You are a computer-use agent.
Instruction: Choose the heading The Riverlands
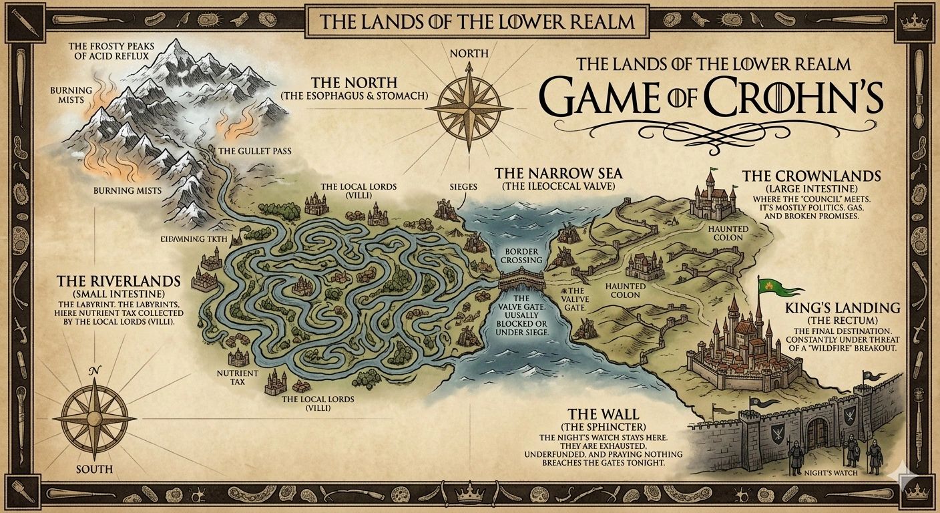click(x=119, y=281)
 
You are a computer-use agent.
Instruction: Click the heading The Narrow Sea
click(x=553, y=174)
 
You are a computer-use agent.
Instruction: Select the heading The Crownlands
click(x=811, y=176)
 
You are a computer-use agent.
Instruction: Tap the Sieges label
click(x=464, y=186)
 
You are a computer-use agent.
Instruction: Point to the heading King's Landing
click(x=843, y=308)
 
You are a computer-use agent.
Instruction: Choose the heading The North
click(x=354, y=83)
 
